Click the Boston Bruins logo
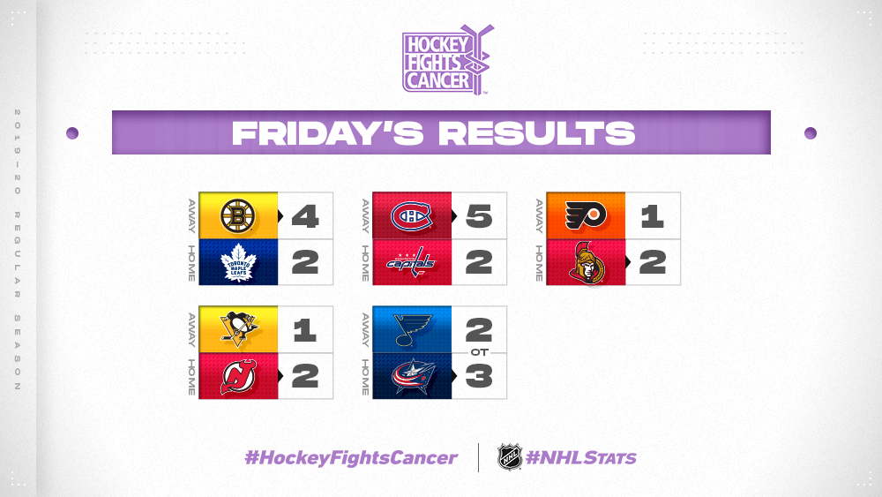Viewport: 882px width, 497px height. [238, 216]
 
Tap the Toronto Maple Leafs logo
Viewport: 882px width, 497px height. [238, 262]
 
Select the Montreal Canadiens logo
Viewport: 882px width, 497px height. [411, 216]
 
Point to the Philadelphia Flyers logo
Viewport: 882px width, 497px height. [586, 215]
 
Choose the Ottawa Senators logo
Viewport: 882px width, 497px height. [587, 263]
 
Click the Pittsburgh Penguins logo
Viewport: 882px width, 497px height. [239, 329]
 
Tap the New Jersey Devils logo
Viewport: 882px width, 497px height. [238, 377]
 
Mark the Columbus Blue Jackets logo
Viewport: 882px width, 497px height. [412, 376]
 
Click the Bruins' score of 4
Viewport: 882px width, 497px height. [305, 216]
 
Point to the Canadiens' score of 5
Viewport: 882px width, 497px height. [479, 216]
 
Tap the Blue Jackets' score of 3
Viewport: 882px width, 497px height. [479, 376]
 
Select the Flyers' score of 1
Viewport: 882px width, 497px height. [653, 216]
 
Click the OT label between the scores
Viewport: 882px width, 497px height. [479, 352]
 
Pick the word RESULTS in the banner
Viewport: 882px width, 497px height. [536, 133]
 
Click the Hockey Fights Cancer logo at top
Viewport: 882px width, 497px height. [447, 59]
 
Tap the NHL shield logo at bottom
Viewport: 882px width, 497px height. [510, 457]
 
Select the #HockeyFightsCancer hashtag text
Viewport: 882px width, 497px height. [351, 457]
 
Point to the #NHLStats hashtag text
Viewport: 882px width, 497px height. [580, 457]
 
